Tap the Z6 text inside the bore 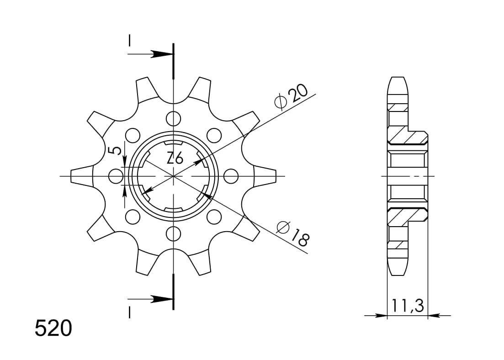[175, 159]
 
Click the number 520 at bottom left [53, 329]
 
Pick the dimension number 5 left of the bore [117, 151]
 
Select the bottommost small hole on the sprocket [173, 233]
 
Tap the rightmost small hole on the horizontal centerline [231, 176]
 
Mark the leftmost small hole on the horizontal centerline [116, 176]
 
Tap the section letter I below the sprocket [130, 312]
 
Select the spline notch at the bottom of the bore [173, 210]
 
